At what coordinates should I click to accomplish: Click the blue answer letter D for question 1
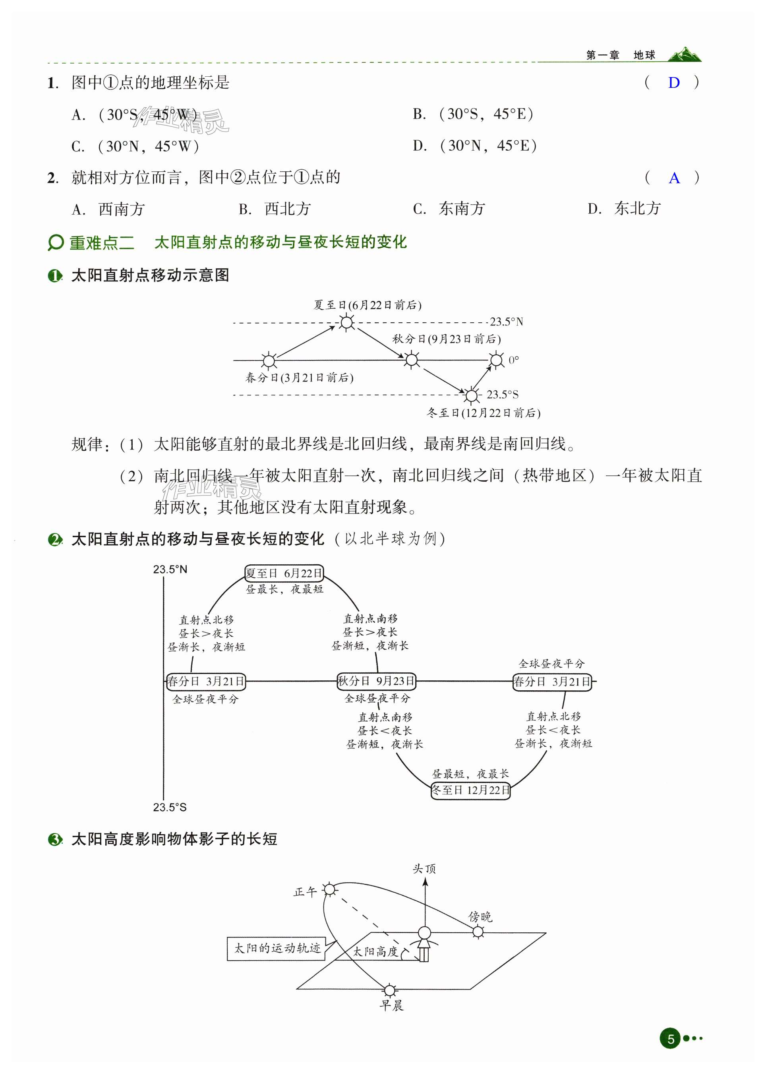tap(673, 83)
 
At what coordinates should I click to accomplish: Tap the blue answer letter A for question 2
tap(674, 178)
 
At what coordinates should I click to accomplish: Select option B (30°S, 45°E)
tap(473, 114)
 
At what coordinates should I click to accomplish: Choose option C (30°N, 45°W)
tap(135, 146)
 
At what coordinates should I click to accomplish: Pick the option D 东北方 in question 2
tap(624, 209)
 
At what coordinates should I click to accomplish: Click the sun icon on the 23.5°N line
tap(347, 323)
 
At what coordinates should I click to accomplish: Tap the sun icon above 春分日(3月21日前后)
tap(269, 361)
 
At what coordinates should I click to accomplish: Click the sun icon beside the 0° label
tap(496, 360)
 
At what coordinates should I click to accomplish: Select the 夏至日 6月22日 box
tap(284, 573)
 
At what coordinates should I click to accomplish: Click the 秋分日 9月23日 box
tap(376, 681)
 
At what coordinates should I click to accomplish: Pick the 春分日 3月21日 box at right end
tap(552, 682)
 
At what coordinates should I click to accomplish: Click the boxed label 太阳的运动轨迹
tap(277, 948)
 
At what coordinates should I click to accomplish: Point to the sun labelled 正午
tap(329, 890)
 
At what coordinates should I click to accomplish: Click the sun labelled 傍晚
tap(478, 932)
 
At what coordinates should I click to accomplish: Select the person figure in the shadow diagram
tap(424, 944)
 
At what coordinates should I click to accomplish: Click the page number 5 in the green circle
tap(670, 1038)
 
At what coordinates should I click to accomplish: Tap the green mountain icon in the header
tap(685, 54)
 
